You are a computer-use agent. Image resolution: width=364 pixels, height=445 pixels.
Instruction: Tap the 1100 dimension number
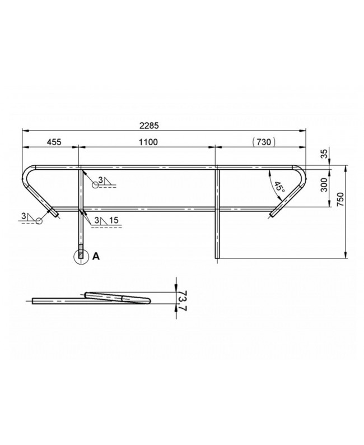pyautogui.click(x=148, y=142)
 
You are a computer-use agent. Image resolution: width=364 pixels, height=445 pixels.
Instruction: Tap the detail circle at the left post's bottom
pyautogui.click(x=81, y=256)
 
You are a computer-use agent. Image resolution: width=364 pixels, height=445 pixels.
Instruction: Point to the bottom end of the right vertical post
pyautogui.click(x=217, y=257)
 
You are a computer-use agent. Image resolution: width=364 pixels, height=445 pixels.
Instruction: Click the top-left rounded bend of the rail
pyautogui.click(x=28, y=170)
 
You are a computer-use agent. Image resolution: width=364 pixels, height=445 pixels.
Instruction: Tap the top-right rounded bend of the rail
pyautogui.click(x=301, y=170)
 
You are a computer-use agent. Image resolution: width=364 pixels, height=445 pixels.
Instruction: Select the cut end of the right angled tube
pyautogui.click(x=273, y=214)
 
